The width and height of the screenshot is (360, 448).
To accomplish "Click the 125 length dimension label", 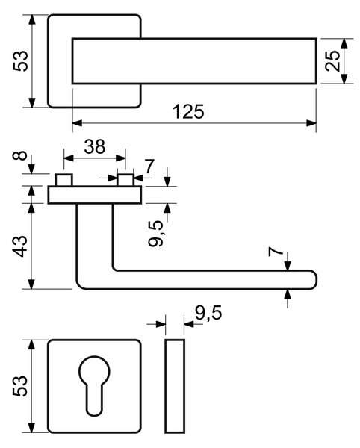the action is [188, 112].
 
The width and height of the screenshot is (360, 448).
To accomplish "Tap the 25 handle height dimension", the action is [333, 60].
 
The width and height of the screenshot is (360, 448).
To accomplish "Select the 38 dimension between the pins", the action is [95, 146].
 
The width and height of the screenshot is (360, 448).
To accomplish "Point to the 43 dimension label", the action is [20, 246].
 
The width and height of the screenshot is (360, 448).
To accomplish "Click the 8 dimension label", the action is [20, 156].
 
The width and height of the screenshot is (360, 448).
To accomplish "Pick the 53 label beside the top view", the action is [21, 61].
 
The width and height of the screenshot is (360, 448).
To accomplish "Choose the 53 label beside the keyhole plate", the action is [20, 386].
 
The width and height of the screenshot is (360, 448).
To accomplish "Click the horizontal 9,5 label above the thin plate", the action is [208, 313].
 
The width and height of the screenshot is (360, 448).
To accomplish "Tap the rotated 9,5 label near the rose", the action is [156, 234].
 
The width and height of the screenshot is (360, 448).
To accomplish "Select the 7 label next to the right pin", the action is [149, 167].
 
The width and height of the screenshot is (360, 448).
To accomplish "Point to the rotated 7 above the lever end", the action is [276, 252].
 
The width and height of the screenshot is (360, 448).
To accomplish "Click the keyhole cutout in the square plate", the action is [94, 386].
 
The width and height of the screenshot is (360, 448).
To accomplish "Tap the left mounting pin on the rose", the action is [64, 180].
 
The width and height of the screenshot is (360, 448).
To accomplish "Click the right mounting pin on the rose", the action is [125, 180].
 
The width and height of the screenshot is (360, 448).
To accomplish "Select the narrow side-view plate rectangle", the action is [175, 386].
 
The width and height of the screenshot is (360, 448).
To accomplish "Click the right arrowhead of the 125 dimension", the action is [311, 123].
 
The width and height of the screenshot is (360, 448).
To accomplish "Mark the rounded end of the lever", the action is [313, 280].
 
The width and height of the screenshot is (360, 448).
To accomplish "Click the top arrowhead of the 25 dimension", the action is [344, 43].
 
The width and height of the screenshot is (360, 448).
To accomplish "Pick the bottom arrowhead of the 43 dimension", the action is [31, 284].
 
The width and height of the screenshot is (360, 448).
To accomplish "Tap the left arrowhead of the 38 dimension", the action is [69, 158].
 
